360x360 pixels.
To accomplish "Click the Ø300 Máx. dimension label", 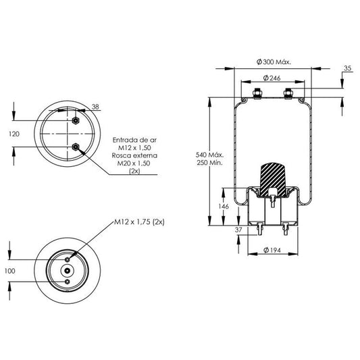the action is [x=274, y=61].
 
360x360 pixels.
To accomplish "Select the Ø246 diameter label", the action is [x=272, y=78].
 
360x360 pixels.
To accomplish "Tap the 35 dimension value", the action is [x=348, y=68].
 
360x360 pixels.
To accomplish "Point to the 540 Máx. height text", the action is [x=209, y=155].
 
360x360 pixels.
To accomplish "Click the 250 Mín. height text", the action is [x=209, y=163].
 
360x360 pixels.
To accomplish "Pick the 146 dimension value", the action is [x=224, y=207].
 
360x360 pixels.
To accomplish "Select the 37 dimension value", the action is [x=238, y=230].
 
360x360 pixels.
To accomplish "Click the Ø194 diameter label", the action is [x=272, y=250].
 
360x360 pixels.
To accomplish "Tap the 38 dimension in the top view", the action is [x=95, y=107].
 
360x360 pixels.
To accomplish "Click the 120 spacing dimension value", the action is [x=14, y=134].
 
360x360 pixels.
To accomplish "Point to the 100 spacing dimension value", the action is [x=10, y=271].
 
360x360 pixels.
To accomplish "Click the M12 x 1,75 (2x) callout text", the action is [x=139, y=222].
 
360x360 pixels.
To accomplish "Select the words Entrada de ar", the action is [x=134, y=140].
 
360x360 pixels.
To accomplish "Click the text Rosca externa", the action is [x=134, y=155].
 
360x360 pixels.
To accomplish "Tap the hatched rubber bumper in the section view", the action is [x=273, y=180].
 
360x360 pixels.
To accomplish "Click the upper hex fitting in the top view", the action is [x=76, y=120].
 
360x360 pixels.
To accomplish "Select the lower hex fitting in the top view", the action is [x=76, y=147].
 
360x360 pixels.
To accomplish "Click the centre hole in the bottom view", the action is [x=68, y=271].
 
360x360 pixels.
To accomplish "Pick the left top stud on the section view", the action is [x=257, y=93].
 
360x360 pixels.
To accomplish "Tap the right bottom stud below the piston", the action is [x=286, y=228].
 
